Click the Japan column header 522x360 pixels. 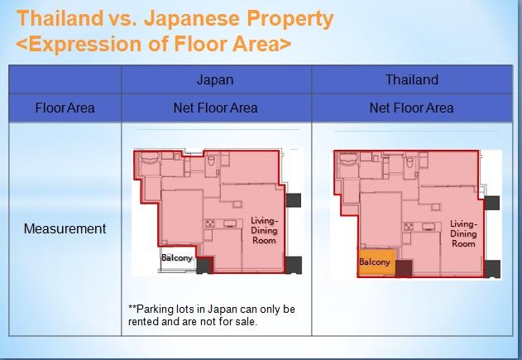pyautogui.click(x=215, y=80)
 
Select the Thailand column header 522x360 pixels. pyautogui.click(x=411, y=80)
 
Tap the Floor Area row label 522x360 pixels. pyautogui.click(x=65, y=108)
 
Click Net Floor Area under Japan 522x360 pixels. pyautogui.click(x=215, y=108)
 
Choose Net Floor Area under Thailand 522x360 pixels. pyautogui.click(x=411, y=108)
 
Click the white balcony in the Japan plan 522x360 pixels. pyautogui.click(x=177, y=258)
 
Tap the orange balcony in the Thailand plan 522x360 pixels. pyautogui.click(x=375, y=262)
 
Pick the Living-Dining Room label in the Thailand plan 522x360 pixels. pyautogui.click(x=463, y=233)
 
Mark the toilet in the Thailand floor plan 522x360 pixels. pyautogui.click(x=410, y=165)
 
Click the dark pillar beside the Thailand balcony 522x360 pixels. pyautogui.click(x=404, y=267)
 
